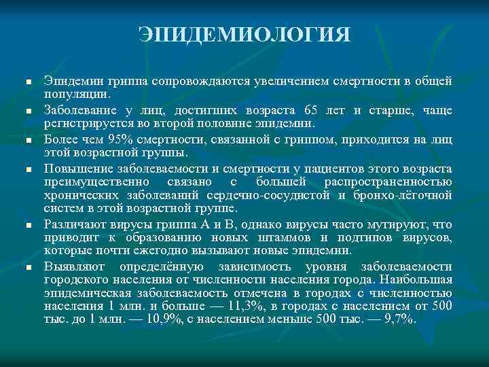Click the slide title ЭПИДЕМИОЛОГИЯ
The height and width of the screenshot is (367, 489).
pyautogui.click(x=244, y=34)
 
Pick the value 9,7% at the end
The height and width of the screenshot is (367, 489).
pyautogui.click(x=398, y=319)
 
